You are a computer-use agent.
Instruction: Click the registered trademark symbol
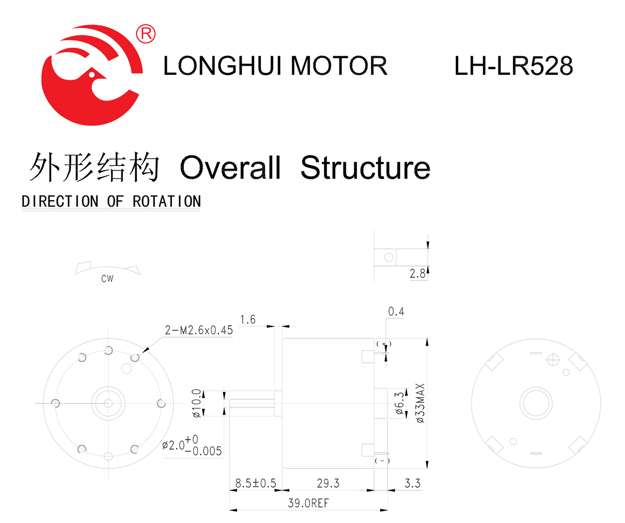(145, 34)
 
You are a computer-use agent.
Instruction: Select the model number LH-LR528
(514, 66)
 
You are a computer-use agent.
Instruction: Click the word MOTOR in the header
(339, 66)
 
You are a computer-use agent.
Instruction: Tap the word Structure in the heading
(365, 168)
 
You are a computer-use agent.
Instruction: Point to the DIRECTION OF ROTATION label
(111, 201)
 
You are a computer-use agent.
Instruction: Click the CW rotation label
(107, 279)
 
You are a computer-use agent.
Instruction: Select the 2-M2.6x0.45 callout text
(199, 330)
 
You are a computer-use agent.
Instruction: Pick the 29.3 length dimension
(328, 483)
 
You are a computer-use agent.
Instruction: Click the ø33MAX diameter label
(421, 403)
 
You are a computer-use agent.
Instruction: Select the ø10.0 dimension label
(196, 403)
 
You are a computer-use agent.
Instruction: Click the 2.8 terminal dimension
(418, 274)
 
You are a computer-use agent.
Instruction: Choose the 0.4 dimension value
(396, 312)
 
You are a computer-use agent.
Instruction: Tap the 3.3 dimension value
(412, 483)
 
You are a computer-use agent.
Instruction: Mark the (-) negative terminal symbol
(382, 461)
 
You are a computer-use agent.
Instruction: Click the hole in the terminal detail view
(387, 257)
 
